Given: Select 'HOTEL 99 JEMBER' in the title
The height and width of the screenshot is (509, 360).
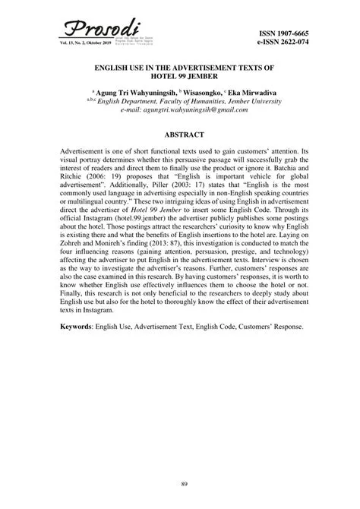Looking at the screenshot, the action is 179,78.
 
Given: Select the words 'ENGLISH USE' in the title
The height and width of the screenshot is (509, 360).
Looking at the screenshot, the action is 115,68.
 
